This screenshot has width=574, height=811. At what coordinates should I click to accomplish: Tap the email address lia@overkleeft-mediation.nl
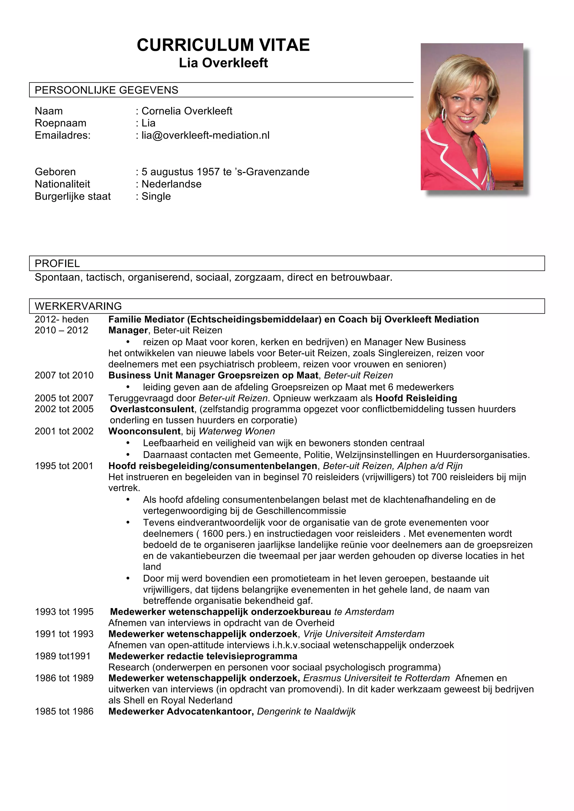[205, 135]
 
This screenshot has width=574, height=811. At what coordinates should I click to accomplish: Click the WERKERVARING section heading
[78, 306]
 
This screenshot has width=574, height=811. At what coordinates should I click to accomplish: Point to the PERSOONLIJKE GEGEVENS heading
[106, 90]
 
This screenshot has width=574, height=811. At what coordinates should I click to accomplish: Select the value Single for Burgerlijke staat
[156, 196]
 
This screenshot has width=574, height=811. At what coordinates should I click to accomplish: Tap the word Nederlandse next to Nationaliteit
[171, 184]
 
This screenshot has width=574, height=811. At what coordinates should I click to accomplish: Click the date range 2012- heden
[62, 319]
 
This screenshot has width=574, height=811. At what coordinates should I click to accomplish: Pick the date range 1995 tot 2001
[64, 466]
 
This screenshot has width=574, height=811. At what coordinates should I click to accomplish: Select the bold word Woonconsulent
[144, 431]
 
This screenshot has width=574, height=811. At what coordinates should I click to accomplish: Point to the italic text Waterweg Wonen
[237, 431]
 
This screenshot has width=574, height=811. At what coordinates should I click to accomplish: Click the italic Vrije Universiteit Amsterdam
[364, 634]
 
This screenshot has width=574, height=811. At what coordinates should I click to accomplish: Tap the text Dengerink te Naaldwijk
[306, 711]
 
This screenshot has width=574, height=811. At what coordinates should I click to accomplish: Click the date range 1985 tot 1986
[64, 711]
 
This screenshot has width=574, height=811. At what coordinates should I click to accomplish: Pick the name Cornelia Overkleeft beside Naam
[187, 111]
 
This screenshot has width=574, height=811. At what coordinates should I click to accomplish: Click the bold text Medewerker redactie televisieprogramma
[203, 656]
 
